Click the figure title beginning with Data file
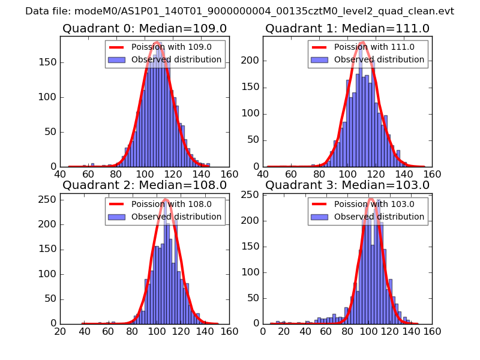(239, 11)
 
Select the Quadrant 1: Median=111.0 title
(347, 28)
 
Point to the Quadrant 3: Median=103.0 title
(347, 185)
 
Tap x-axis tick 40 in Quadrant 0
(60, 174)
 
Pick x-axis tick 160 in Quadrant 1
(432, 174)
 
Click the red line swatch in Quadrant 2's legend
(117, 205)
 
